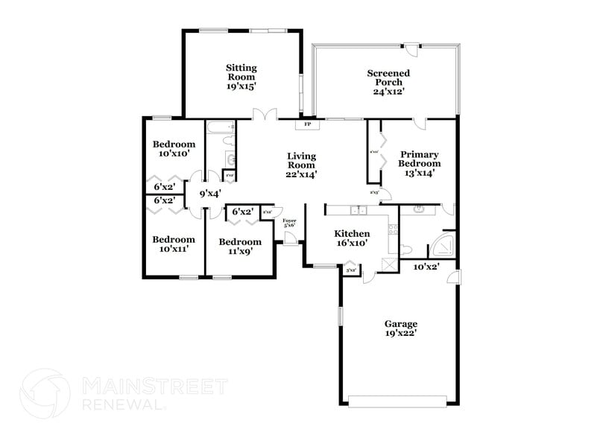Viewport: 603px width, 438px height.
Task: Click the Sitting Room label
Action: (241, 77)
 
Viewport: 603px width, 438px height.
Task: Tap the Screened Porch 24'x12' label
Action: (388, 82)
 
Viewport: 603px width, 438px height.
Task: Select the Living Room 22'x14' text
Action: (302, 165)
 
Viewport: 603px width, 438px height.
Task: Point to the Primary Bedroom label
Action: (418, 163)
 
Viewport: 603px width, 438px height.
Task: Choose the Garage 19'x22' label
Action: (400, 328)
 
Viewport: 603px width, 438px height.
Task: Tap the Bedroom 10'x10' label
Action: (174, 148)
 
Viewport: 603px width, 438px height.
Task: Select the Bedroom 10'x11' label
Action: (174, 244)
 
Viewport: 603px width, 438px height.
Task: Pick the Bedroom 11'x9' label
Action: (240, 247)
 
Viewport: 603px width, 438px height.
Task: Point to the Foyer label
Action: (289, 223)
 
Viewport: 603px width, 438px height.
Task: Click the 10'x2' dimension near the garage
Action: (426, 266)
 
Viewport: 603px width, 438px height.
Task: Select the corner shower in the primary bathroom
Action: (443, 247)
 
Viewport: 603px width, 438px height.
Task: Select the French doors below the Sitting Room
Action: (265, 115)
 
